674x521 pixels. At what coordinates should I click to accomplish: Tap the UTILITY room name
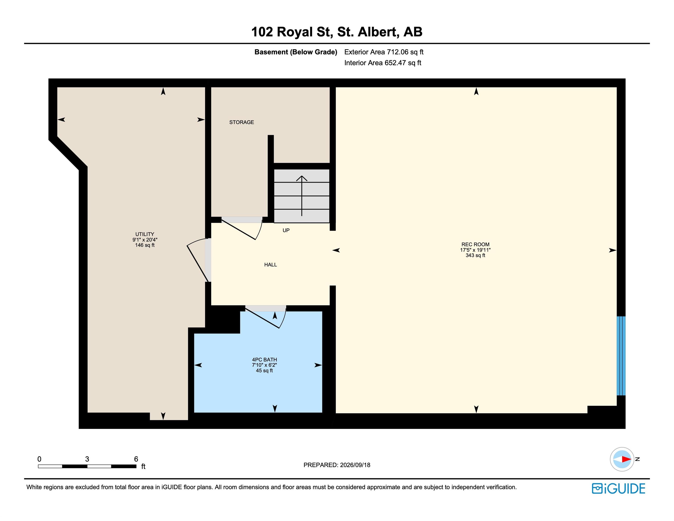[x=145, y=234]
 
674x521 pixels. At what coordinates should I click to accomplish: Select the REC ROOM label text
[x=475, y=244]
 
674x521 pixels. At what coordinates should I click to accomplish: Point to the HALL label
[x=270, y=265]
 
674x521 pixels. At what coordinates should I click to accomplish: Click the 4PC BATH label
[x=265, y=360]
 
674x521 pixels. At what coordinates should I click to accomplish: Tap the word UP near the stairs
[x=286, y=230]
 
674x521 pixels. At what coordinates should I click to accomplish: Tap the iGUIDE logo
[x=618, y=489]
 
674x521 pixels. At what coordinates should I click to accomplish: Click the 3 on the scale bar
[x=87, y=459]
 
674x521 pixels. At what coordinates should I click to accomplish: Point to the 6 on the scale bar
[x=136, y=459]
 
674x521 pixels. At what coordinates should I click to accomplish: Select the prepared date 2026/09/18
[x=355, y=465]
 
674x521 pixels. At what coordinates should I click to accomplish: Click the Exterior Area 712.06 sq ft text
[x=384, y=52]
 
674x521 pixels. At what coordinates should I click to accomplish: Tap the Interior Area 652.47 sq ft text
[x=383, y=63]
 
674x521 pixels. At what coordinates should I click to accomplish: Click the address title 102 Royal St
[x=292, y=32]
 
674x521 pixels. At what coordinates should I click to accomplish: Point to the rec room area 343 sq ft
[x=475, y=256]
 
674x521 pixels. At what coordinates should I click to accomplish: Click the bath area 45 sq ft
[x=265, y=371]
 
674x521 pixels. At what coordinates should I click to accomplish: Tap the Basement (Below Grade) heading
[x=296, y=52]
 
